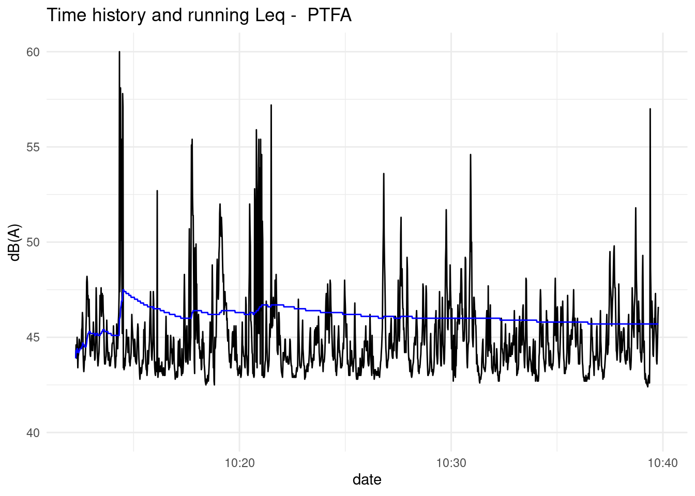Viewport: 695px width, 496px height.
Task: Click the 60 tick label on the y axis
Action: pos(33,52)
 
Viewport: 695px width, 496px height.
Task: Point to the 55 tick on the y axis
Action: pos(33,147)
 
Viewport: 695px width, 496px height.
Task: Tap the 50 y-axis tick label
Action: pos(33,242)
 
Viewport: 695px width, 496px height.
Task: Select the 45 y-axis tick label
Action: pos(33,337)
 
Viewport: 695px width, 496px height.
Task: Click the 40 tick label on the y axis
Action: pos(33,433)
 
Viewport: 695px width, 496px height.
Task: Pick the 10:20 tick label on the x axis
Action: pos(239,463)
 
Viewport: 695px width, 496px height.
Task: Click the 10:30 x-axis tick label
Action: pos(451,463)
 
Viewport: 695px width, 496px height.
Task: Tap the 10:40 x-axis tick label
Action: pos(662,463)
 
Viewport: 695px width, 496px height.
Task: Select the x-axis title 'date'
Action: pos(367,480)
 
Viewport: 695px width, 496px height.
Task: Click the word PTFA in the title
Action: pos(329,16)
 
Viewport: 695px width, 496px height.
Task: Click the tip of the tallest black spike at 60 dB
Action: pos(119,52)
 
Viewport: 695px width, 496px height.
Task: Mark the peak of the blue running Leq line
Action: pos(123,290)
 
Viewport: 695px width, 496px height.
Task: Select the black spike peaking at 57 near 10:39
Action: pos(650,109)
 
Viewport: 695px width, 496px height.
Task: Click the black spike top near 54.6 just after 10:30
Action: pos(471,154)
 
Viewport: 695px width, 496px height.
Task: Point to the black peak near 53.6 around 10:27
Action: pos(383,174)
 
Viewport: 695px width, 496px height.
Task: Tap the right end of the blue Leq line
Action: pos(658,324)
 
